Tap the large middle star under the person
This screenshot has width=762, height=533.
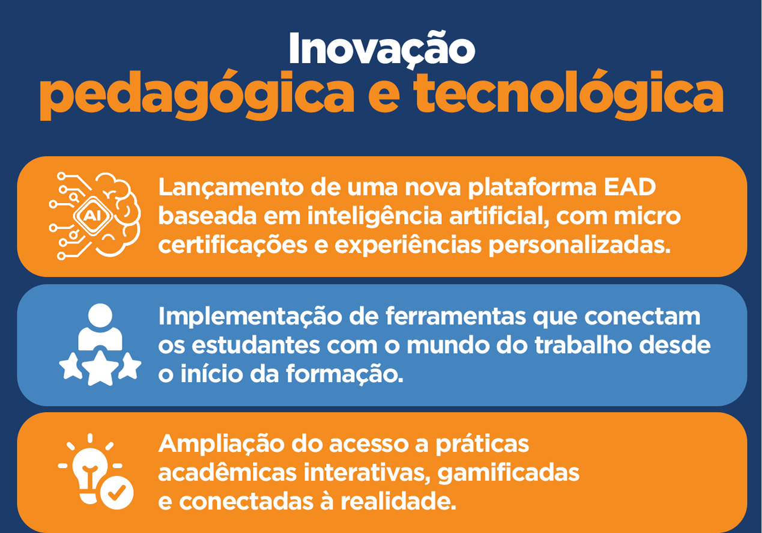click(x=100, y=368)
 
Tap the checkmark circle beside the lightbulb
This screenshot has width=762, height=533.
click(x=116, y=492)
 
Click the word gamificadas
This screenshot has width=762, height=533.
click(x=508, y=472)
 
